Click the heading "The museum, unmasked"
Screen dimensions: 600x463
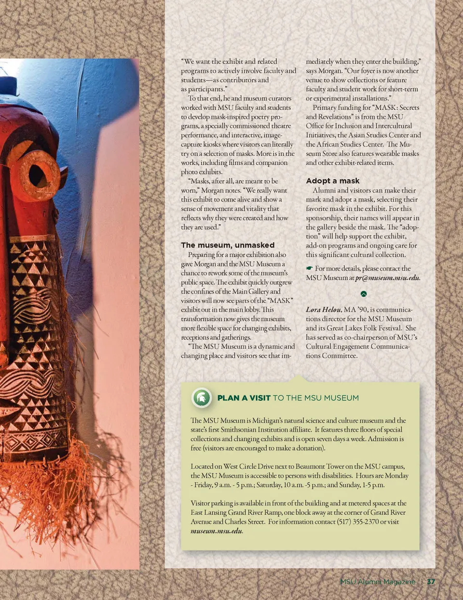tap(228, 245)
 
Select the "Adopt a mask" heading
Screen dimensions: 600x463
tap(333, 181)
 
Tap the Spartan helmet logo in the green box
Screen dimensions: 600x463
tap(202, 398)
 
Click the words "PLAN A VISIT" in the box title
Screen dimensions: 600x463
tap(244, 398)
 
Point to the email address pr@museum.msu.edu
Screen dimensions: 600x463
tap(387, 278)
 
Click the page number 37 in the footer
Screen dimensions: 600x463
tap(431, 582)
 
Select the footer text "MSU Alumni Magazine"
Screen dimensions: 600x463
tap(377, 582)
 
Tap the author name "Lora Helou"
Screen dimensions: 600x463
tap(323, 310)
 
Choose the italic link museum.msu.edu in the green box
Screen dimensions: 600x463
tap(216, 531)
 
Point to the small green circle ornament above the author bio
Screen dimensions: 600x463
tap(364, 294)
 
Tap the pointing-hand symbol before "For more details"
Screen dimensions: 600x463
tap(309, 269)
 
